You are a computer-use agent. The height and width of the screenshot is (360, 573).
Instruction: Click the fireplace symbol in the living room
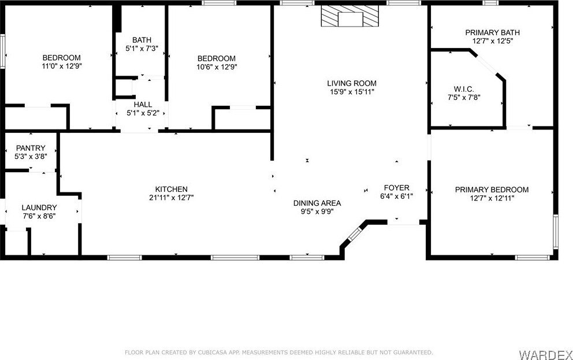[x=350, y=16]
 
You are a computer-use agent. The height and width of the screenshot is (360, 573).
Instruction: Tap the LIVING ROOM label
[x=352, y=83]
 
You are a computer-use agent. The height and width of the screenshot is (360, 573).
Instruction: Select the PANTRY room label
[x=31, y=148]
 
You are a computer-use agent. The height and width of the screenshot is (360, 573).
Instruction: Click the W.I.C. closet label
[x=464, y=89]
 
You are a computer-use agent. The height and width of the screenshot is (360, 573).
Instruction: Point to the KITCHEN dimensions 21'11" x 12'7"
[x=172, y=198]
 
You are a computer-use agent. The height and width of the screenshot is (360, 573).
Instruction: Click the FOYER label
[x=396, y=188]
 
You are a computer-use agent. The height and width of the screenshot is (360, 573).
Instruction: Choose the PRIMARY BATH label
[x=492, y=32]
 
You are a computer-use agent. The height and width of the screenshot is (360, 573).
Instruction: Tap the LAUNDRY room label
[x=39, y=207]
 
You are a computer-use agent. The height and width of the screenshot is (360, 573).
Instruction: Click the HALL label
[x=143, y=105]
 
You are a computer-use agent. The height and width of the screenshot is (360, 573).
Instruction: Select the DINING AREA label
[x=317, y=203]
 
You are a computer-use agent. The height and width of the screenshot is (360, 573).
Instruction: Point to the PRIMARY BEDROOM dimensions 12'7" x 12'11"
[x=492, y=198]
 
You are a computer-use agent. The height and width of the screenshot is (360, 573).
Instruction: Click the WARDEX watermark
[x=546, y=355]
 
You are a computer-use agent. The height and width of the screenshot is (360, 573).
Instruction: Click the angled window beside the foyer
[x=354, y=234]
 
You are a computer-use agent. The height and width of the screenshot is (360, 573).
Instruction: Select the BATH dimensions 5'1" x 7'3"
[x=142, y=48]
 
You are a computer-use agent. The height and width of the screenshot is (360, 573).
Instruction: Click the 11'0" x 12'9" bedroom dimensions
[x=62, y=66]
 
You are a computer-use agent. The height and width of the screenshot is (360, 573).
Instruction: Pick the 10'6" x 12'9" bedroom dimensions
[x=217, y=67]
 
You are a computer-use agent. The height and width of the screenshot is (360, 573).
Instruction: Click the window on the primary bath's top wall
[x=490, y=3]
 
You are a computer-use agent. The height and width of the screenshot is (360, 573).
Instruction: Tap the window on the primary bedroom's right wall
[x=556, y=232]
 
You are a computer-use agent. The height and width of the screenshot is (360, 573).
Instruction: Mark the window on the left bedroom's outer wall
[x=2, y=51]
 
